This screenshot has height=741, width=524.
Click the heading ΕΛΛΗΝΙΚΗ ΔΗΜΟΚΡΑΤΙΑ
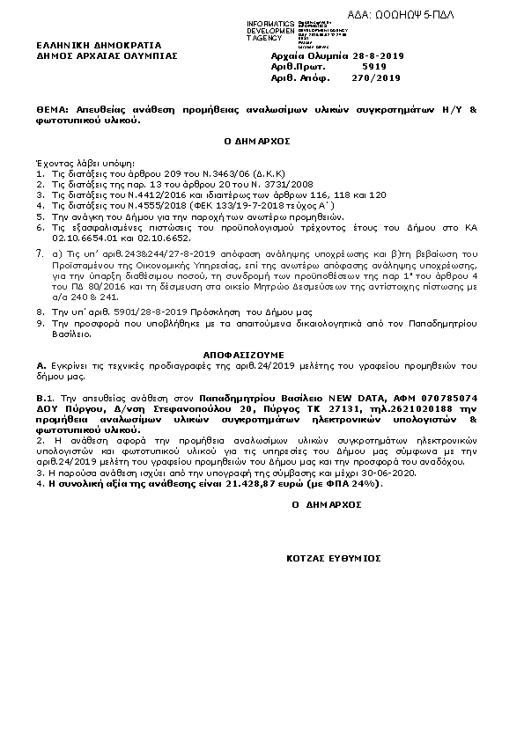(x=86, y=44)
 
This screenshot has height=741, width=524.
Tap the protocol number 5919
(x=374, y=66)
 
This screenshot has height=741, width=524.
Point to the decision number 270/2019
(x=376, y=77)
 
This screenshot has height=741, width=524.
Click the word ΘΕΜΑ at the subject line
(x=51, y=112)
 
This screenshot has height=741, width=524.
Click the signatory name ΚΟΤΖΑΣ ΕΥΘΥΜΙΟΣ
(x=333, y=558)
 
